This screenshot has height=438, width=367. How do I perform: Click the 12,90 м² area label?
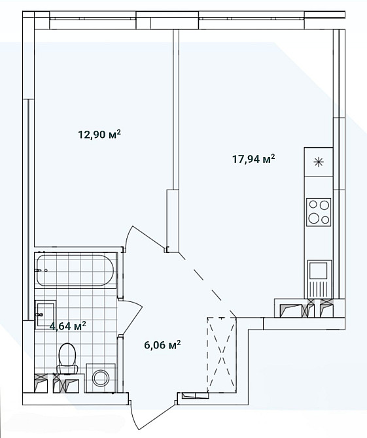click(99, 135)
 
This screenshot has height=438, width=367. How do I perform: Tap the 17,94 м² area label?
click(254, 159)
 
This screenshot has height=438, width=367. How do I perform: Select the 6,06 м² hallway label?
click(162, 345)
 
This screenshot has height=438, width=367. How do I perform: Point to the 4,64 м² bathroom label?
click(67, 326)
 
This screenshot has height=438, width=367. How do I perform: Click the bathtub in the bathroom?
click(75, 270)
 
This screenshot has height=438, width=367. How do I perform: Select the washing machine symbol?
click(100, 378)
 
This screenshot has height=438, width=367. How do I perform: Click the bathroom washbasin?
click(45, 314)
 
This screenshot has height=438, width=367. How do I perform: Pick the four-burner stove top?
click(319, 212)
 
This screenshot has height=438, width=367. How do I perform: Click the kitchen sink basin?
click(318, 271)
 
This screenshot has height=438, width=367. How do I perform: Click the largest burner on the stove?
click(313, 218)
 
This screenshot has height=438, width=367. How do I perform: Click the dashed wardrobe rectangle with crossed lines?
click(222, 355)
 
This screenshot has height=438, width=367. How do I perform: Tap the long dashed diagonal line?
click(207, 284)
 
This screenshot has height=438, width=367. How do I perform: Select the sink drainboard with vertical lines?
click(319, 288)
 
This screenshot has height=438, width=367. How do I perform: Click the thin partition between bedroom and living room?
click(175, 109)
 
